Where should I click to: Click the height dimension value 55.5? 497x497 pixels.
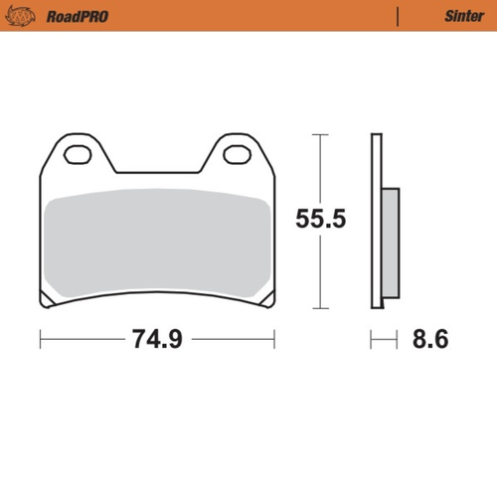(319, 220)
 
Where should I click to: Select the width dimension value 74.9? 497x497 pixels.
(156, 340)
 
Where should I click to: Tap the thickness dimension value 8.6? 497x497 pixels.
(429, 340)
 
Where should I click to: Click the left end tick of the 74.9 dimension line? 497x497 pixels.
(41, 340)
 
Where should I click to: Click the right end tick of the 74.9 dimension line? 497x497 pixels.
(274, 340)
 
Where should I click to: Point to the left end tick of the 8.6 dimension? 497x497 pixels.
(372, 340)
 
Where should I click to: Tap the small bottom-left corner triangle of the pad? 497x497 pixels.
(47, 302)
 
